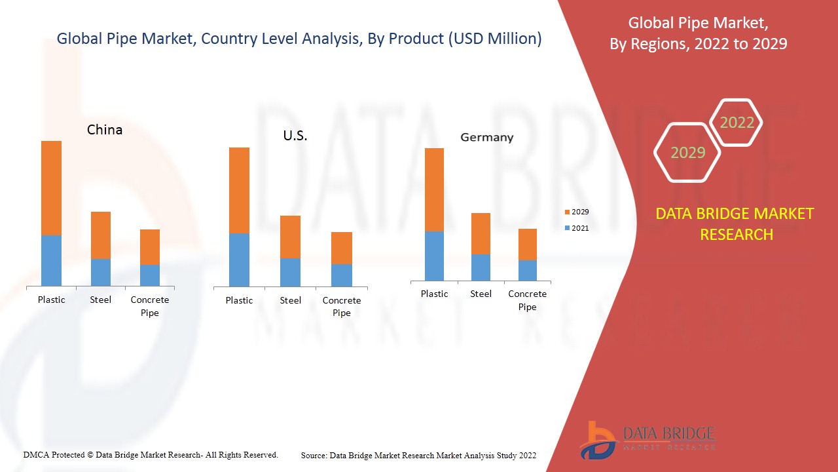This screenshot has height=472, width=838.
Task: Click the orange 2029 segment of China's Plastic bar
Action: (51, 188)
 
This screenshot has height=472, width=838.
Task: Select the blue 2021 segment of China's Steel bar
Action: (100, 272)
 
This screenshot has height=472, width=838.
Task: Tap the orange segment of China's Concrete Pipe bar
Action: (150, 247)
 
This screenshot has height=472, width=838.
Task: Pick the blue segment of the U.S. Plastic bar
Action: (239, 260)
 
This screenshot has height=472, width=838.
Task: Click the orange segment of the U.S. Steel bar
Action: (290, 237)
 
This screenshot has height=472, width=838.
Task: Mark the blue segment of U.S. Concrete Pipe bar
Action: (341, 275)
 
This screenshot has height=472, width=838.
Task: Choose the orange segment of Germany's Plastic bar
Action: (434, 189)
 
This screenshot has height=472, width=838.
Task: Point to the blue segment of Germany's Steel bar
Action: (481, 267)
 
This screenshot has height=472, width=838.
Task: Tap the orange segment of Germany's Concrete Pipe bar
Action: (527, 245)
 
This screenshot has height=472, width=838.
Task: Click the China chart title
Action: (105, 130)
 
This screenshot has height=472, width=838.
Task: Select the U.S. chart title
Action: (295, 136)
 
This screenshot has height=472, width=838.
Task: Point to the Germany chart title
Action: (486, 138)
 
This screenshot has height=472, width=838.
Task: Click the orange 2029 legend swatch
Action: (567, 212)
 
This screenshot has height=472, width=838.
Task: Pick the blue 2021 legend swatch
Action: (567, 228)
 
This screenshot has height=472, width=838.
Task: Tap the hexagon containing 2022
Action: (737, 123)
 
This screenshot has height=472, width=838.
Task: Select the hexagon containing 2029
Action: (687, 153)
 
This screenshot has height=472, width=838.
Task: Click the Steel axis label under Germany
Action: (481, 294)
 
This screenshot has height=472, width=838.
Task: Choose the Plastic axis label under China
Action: (51, 300)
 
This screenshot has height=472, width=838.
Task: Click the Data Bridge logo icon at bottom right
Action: (597, 440)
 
